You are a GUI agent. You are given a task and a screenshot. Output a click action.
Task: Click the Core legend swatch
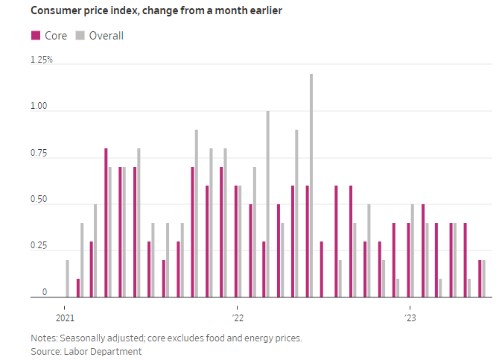[35, 35]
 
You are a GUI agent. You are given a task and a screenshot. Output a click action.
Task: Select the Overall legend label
[107, 35]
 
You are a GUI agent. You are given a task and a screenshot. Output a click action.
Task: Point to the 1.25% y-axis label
[42, 60]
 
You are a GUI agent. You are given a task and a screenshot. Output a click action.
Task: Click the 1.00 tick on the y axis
[39, 107]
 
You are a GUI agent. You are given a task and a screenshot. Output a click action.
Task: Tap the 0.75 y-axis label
[39, 154]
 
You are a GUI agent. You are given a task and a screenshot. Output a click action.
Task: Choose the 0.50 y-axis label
[39, 200]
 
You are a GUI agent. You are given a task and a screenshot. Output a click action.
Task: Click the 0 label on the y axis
[45, 293]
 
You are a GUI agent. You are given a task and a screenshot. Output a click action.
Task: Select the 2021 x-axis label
[65, 317]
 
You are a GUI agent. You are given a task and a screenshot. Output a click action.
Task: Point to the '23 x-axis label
[410, 317]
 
